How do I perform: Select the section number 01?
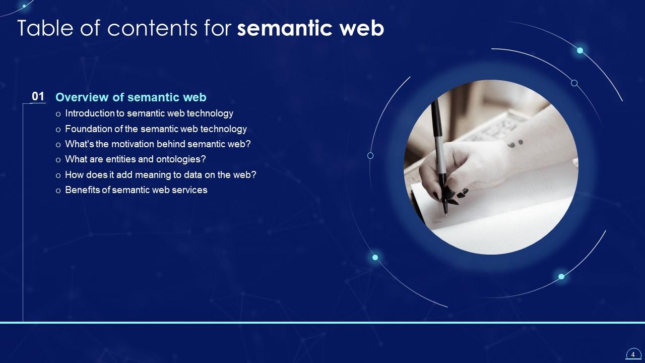38,96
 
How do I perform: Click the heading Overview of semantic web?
131,97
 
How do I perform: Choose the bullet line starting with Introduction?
149,113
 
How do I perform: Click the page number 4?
633,354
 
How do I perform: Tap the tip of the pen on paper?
445,215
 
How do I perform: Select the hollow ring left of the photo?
370,156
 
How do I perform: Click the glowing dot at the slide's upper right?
580,50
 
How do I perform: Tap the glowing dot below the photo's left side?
375,258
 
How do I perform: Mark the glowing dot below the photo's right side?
561,276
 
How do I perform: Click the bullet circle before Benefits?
58,191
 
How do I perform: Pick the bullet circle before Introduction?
58,114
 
